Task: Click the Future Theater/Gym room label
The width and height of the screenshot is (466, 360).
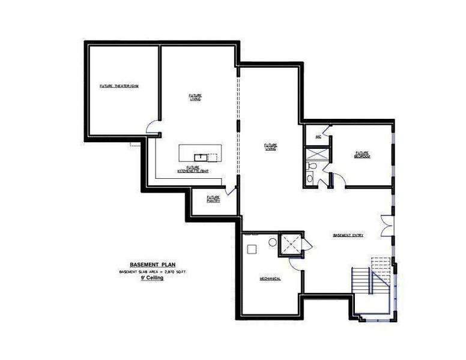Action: point(119,86)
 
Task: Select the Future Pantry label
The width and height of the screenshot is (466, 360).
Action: point(213,199)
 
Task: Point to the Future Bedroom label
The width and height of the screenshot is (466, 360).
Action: point(362,154)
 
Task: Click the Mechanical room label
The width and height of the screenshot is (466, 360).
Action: point(270,279)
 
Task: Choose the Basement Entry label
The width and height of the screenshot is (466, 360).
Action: point(348,235)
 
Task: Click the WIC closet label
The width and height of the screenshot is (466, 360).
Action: point(318,137)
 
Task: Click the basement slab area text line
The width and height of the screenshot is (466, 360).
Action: point(153,272)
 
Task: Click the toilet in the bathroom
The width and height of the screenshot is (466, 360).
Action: point(310,178)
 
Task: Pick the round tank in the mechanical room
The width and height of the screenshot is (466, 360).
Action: point(272,243)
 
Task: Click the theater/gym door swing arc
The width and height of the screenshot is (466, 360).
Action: point(153,127)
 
